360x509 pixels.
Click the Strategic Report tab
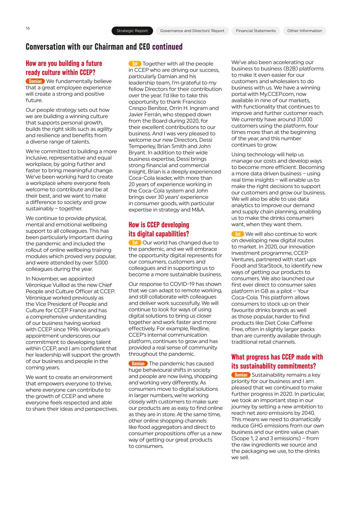(132, 31)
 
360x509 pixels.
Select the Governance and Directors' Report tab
(192, 31)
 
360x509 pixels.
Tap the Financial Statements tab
(256, 31)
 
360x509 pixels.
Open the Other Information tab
(304, 31)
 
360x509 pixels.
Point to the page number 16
(28, 28)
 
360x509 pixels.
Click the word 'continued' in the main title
(167, 47)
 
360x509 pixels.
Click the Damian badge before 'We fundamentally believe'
(35, 81)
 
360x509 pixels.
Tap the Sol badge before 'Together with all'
(135, 64)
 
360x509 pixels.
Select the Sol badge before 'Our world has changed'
(135, 243)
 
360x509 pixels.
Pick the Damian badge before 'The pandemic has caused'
(138, 364)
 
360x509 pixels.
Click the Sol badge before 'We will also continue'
(238, 234)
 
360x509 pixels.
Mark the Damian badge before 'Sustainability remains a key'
(241, 375)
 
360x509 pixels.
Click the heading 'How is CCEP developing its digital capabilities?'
(159, 229)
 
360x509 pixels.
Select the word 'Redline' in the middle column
(200, 329)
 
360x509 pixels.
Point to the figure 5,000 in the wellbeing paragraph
(100, 263)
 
